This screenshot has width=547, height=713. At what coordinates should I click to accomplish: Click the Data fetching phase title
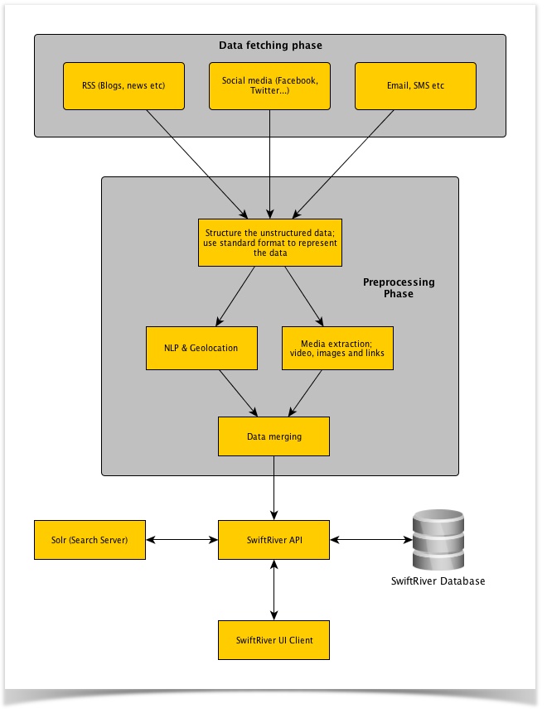tap(270, 45)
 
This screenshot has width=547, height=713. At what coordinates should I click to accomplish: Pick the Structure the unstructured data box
tap(270, 242)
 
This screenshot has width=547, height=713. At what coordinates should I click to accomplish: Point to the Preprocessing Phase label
tap(399, 288)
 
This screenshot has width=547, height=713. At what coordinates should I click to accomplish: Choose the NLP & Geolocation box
tap(201, 348)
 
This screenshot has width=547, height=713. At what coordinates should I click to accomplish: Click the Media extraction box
tap(338, 348)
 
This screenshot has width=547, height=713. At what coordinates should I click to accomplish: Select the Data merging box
tap(273, 436)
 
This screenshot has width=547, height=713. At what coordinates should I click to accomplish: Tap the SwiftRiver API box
tap(273, 540)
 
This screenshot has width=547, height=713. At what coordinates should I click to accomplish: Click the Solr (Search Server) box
tap(90, 540)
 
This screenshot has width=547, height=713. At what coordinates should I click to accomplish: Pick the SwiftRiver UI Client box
tap(273, 639)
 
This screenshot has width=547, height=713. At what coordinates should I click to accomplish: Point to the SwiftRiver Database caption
tap(438, 581)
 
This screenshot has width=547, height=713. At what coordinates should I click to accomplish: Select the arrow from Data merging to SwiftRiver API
tap(273, 489)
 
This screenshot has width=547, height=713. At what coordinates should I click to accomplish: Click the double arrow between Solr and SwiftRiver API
tap(182, 540)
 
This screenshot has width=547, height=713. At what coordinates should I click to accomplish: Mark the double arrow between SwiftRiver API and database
tap(370, 540)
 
